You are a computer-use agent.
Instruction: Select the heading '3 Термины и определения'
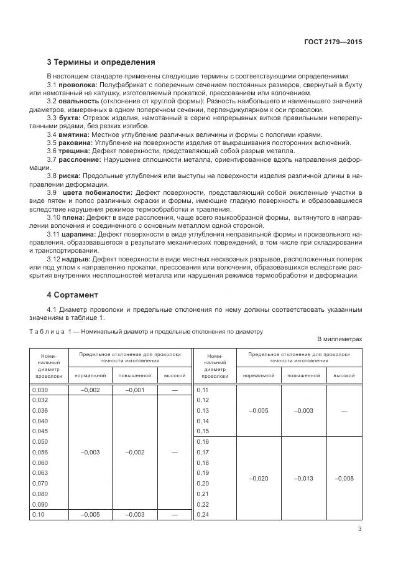coord(101,62)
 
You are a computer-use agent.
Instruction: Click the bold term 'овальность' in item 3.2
coord(79,101)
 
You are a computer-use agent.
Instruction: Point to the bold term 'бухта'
coord(70,118)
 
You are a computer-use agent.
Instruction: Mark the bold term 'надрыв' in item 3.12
coord(76,258)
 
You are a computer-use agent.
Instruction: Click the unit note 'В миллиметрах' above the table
coord(339,339)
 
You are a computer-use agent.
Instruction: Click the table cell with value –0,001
coord(135,390)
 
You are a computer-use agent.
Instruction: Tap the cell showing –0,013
coord(303,478)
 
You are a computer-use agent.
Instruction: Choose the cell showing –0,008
coord(344,478)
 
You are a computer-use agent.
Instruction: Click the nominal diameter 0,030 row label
coord(39,390)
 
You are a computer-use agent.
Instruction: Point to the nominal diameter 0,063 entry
coord(39,473)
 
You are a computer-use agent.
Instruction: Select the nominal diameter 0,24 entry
coord(203,515)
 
